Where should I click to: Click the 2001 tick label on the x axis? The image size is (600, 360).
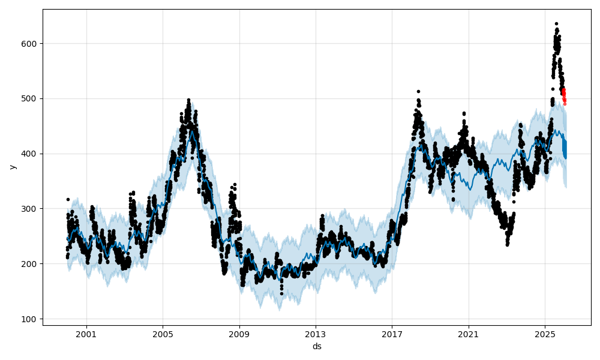point(86,333)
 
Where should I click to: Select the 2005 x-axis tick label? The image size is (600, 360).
point(163,333)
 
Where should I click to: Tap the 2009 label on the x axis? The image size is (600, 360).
point(239,333)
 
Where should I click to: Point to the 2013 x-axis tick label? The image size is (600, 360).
point(316,333)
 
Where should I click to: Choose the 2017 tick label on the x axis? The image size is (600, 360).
point(392,333)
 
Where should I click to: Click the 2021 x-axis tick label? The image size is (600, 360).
point(469,333)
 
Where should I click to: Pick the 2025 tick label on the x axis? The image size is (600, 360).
point(545,333)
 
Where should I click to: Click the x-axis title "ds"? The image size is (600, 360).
point(317,346)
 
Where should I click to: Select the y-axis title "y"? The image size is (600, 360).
point(12,167)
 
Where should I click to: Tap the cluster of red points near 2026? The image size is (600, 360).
point(564,96)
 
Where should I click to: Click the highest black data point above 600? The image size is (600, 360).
point(556,24)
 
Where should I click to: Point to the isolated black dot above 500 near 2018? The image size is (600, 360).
point(418,92)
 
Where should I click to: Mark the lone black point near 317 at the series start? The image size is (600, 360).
point(68,199)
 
